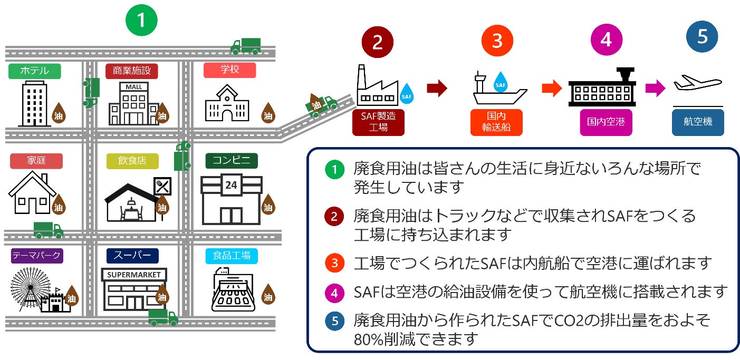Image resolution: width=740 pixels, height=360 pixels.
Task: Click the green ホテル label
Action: pyautogui.click(x=35, y=71)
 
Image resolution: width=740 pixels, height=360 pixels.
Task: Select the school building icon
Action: pyautogui.click(x=227, y=103)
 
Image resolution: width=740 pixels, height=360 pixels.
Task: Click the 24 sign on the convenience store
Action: pyautogui.click(x=231, y=185)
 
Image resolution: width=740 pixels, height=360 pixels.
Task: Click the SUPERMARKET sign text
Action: pyautogui.click(x=134, y=275)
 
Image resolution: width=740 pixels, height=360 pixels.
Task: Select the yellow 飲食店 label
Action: pyautogui.click(x=132, y=161)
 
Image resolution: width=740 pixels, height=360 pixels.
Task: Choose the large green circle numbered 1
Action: pyautogui.click(x=141, y=20)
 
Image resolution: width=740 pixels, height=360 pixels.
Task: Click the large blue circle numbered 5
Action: pyautogui.click(x=702, y=37)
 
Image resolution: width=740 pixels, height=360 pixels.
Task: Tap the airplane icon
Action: pyautogui.click(x=698, y=83)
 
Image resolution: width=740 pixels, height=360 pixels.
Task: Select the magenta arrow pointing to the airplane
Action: pyautogui.click(x=656, y=88)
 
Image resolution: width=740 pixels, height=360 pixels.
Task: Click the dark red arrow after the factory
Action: pyautogui.click(x=437, y=88)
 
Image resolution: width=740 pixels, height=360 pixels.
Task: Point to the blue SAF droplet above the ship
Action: pyautogui.click(x=501, y=82)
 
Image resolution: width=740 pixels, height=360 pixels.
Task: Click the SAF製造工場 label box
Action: pyautogui.click(x=378, y=122)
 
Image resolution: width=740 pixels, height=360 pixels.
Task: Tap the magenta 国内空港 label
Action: pyautogui.click(x=606, y=122)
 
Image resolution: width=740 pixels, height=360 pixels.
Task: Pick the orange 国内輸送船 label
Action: pyautogui.click(x=496, y=122)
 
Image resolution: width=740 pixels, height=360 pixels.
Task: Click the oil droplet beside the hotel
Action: pyautogui.click(x=59, y=113)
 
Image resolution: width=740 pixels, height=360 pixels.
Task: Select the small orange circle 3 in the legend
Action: pyautogui.click(x=334, y=263)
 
